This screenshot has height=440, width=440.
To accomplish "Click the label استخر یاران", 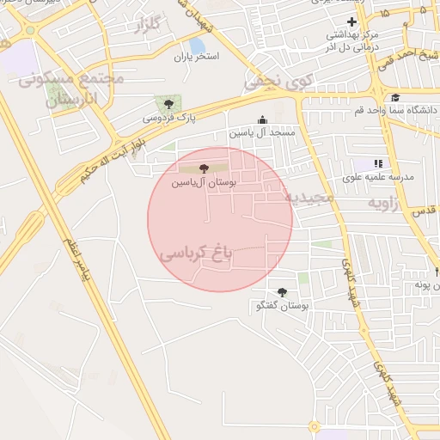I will [x=196, y=57].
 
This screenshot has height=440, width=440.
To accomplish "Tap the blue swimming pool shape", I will [x=197, y=44].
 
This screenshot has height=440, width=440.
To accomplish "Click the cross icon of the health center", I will [x=351, y=21].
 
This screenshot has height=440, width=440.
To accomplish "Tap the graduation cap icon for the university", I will [x=395, y=97].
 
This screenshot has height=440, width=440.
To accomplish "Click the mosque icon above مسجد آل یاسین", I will [x=262, y=120].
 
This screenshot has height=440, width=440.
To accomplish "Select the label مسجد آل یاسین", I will [x=262, y=134].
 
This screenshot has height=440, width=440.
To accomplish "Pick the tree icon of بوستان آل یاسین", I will [x=203, y=168].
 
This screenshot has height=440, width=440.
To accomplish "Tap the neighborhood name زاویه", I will [x=386, y=203].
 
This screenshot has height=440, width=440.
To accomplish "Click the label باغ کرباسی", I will [x=196, y=254].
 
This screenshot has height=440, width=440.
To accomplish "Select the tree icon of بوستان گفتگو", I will [x=282, y=292].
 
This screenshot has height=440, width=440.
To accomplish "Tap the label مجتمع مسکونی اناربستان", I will [x=72, y=89].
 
